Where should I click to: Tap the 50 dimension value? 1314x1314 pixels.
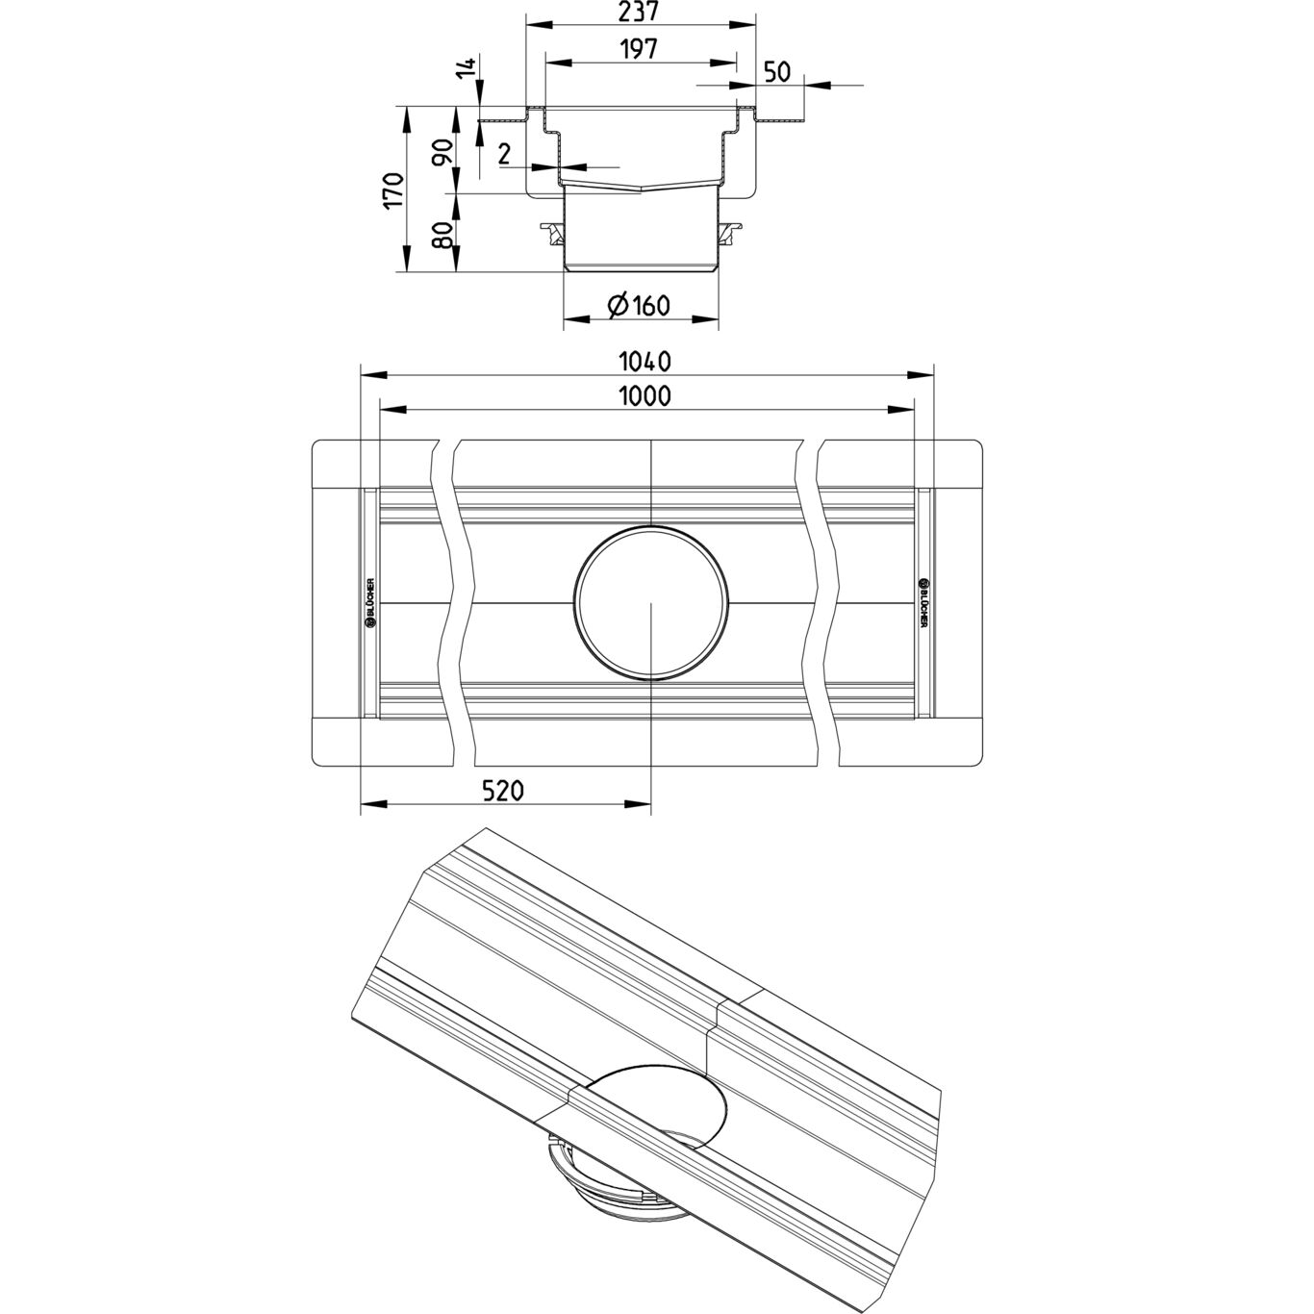coord(777,72)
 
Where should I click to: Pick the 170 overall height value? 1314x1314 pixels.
coord(392,190)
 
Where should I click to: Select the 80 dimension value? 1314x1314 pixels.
coord(443,235)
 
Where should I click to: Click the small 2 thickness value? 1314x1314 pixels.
coord(504,153)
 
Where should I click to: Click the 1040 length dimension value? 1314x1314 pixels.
coord(645,362)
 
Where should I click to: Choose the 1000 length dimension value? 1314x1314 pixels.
coord(645,395)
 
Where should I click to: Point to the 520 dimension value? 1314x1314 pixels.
coord(502,791)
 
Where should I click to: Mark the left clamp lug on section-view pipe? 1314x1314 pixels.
coord(552,232)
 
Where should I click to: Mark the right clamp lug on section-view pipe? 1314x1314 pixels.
coord(732,232)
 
